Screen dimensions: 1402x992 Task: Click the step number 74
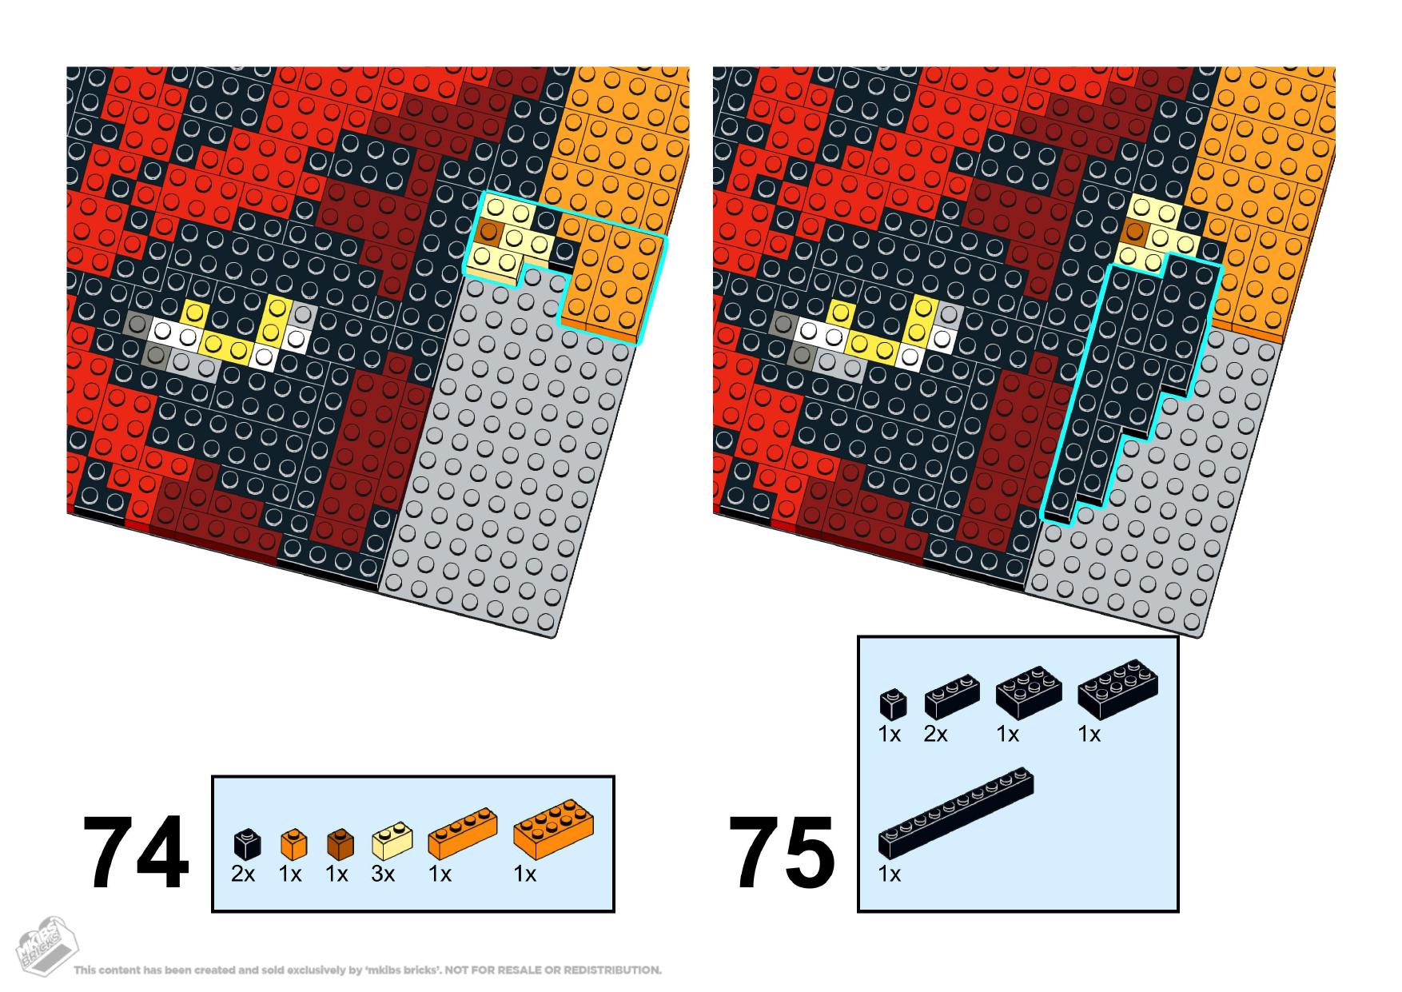coord(136,852)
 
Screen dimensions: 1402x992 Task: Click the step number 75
coord(782,852)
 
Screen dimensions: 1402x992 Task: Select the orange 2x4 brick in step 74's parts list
coord(553,830)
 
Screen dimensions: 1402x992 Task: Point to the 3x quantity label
coord(383,874)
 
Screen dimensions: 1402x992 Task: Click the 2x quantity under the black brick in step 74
coord(243,874)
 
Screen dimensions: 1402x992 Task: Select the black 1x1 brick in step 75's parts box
coord(893,703)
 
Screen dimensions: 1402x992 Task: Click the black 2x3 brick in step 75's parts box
coord(1030,691)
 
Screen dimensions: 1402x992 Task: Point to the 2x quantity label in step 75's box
coord(936,734)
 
